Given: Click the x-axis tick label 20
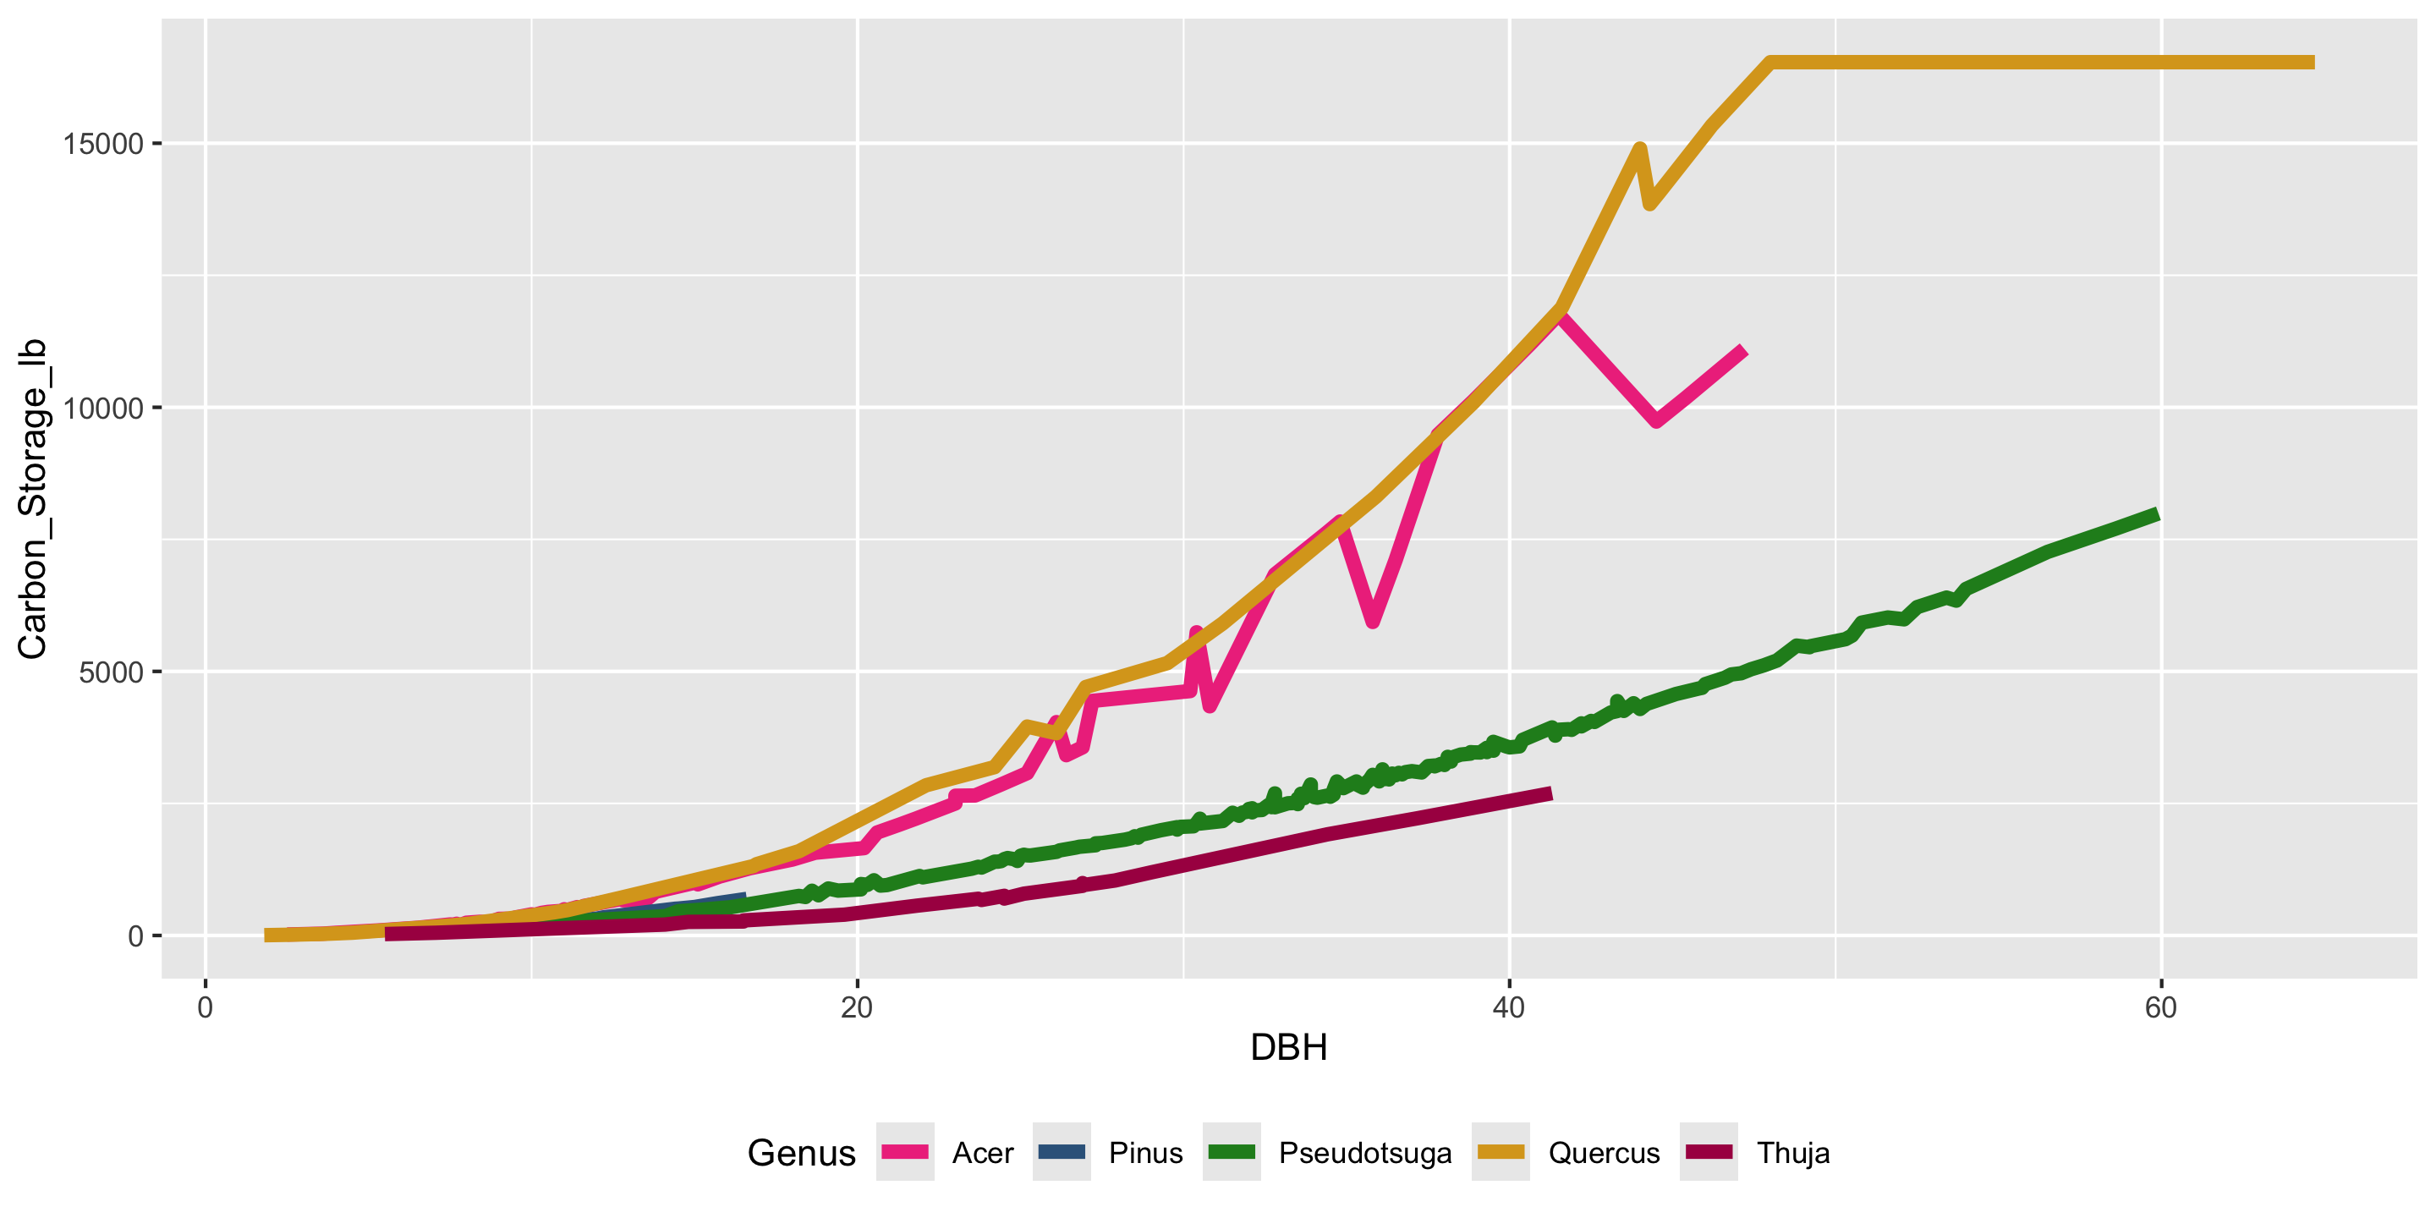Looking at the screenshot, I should pyautogui.click(x=857, y=1008).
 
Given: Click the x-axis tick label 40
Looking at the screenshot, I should pyautogui.click(x=1508, y=1008).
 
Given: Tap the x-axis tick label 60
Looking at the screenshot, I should pyautogui.click(x=2161, y=1008).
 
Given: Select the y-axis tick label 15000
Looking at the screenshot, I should pyautogui.click(x=102, y=144).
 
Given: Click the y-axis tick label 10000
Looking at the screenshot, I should pyautogui.click(x=102, y=408).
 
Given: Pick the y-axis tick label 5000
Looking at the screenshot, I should pyautogui.click(x=111, y=672).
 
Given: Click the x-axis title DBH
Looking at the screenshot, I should pyautogui.click(x=1288, y=1048).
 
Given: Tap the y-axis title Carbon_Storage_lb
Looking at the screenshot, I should pyautogui.click(x=32, y=498).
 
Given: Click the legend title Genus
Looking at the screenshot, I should pyautogui.click(x=801, y=1153).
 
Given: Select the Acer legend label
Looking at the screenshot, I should pyautogui.click(x=983, y=1153).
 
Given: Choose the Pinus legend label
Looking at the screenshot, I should pyautogui.click(x=1145, y=1153).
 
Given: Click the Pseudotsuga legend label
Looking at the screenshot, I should pyautogui.click(x=1364, y=1153).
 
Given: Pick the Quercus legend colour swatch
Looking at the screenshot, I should pyautogui.click(x=1500, y=1152).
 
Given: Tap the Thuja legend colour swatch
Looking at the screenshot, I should pyautogui.click(x=1708, y=1152).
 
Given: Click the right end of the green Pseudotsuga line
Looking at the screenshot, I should pyautogui.click(x=2157, y=515).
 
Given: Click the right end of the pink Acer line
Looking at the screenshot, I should pyautogui.click(x=1742, y=351).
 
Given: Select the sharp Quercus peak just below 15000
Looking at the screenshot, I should pyautogui.click(x=1640, y=149).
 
